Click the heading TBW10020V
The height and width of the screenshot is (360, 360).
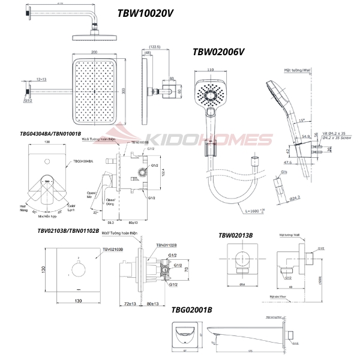coord(146,12)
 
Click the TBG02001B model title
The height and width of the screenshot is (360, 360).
coord(191,310)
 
